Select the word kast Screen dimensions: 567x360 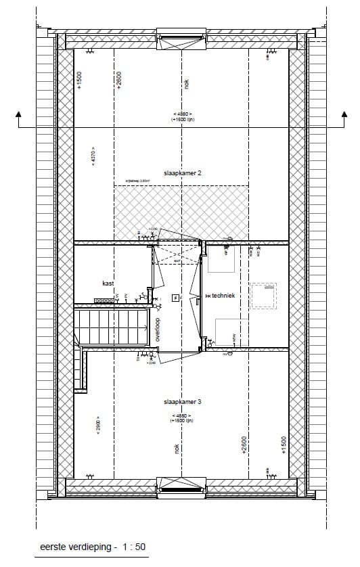tap(108, 283)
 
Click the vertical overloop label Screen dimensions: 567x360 tap(156, 330)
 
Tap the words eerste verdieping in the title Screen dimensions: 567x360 tap(68, 547)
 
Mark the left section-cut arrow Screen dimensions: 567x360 tap(18, 118)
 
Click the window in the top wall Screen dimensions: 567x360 tap(181, 37)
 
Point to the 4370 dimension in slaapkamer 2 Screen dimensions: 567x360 tap(93, 158)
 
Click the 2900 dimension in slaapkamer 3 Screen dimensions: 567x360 tap(98, 424)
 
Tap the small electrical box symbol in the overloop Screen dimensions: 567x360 tap(175, 297)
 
